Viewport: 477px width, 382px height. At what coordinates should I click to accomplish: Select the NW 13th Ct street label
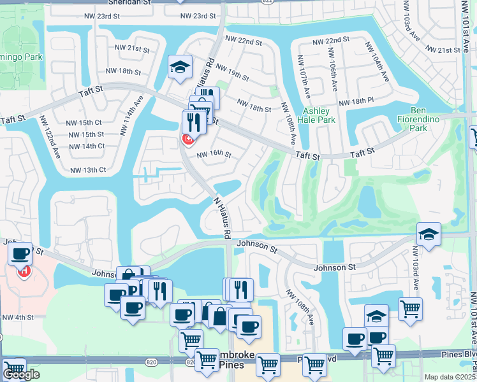click(x=87, y=170)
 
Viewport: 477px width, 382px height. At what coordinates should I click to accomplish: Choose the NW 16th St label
click(x=214, y=154)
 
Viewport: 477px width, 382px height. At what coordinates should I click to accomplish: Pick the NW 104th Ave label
click(x=377, y=62)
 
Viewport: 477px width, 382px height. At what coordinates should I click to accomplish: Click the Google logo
click(x=21, y=375)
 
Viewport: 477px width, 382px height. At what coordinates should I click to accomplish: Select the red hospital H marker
click(x=24, y=271)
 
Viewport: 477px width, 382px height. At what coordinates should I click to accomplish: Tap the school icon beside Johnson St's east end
click(x=429, y=234)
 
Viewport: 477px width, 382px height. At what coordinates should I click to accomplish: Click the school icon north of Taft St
click(x=180, y=66)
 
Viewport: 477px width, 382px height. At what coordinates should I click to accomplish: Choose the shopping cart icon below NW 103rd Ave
click(x=410, y=310)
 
